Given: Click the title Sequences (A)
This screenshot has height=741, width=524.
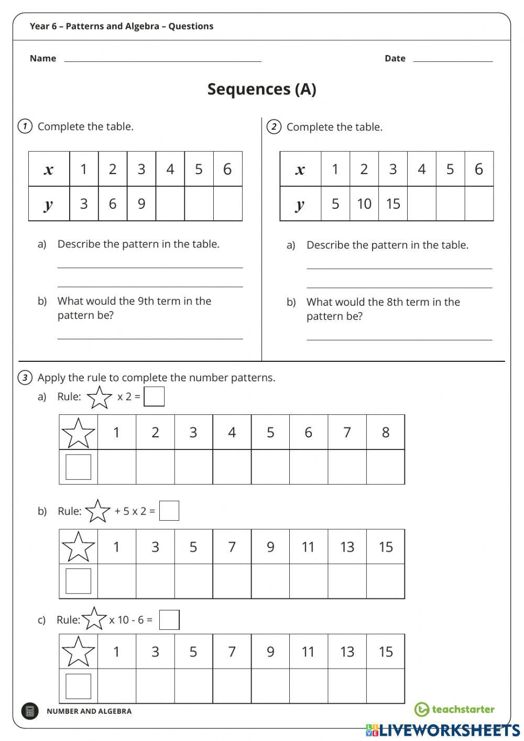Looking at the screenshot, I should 261,89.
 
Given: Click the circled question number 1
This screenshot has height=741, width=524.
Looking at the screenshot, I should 25,126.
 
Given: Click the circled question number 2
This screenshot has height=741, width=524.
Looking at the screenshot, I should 274,127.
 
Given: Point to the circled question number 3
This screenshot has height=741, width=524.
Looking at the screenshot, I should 25,378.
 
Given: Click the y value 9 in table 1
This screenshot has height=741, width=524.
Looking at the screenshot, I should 141,203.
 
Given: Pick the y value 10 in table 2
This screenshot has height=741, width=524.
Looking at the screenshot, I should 364,203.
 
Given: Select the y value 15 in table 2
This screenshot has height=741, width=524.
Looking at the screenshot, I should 393,203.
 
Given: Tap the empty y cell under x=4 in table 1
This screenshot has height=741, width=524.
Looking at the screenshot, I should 170,203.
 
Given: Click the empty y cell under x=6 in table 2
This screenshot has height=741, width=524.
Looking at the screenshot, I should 479,203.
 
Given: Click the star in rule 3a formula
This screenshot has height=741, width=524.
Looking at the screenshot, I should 100,398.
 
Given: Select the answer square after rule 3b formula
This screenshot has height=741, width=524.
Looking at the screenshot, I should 169,511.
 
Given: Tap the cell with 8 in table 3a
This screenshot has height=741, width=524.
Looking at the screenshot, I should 386,432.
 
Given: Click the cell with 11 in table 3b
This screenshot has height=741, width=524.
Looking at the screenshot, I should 309,547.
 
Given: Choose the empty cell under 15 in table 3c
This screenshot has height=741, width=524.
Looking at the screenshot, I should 386,686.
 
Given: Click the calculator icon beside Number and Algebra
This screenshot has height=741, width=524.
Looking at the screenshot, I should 30,711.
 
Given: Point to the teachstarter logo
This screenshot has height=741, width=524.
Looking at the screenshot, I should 454,710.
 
